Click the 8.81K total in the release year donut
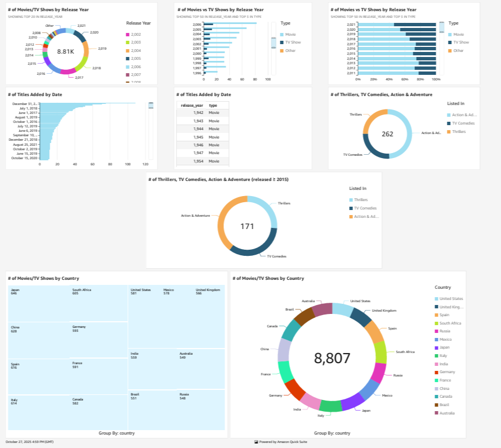point(65,51)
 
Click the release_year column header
point(191,105)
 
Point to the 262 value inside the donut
point(388,134)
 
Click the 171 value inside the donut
point(247,226)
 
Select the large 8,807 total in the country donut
point(332,358)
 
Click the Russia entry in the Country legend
point(445,331)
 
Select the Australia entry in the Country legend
point(447,413)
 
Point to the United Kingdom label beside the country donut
point(384,311)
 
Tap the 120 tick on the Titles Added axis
point(145,164)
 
